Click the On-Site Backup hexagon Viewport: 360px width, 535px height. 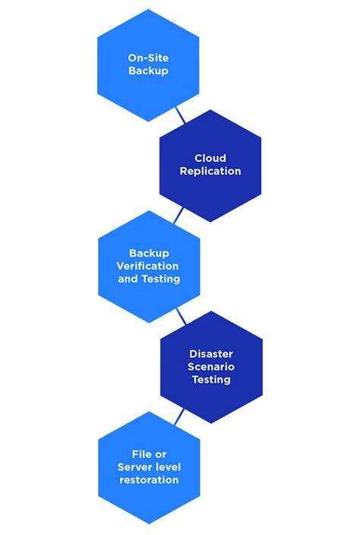(148, 65)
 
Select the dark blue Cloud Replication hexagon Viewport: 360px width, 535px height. (210, 165)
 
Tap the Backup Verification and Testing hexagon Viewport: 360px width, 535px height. (149, 266)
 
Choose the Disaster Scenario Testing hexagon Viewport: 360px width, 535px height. (211, 367)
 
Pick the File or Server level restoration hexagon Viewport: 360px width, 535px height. (149, 467)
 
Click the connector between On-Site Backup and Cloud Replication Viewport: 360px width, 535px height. (180, 115)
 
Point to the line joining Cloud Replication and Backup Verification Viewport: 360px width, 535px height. (178, 216)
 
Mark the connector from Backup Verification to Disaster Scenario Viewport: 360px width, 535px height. (181, 316)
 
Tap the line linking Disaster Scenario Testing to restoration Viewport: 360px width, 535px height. (179, 417)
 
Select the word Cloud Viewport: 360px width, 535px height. (210, 159)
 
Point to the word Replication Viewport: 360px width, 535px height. (210, 172)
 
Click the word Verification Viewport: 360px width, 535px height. (148, 266)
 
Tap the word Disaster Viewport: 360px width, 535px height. (211, 354)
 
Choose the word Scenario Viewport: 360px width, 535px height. (211, 367)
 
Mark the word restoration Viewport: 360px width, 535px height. (149, 480)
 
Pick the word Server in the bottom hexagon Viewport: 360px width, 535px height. (134, 467)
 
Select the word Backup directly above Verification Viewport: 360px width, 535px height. (149, 253)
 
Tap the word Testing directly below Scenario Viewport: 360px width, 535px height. (211, 379)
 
